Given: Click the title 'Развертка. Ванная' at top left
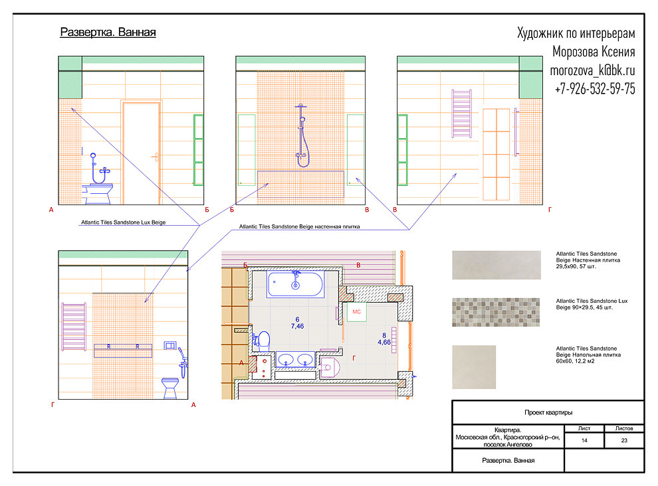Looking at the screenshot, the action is click(108, 33).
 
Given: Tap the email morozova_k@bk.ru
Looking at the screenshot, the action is click(592, 70).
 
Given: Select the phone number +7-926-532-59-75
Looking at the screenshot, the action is click(595, 88).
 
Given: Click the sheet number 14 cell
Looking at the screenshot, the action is click(584, 440).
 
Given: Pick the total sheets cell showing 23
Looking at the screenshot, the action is click(624, 440).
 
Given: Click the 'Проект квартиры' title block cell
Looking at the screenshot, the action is click(548, 412).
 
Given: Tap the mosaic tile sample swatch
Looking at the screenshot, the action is click(496, 313).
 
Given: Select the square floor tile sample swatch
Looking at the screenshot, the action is click(474, 367).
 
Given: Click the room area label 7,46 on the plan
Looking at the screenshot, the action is click(297, 326).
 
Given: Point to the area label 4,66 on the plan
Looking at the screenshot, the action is click(384, 342).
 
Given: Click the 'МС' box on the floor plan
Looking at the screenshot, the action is click(356, 311).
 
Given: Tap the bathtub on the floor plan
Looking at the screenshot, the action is click(295, 284).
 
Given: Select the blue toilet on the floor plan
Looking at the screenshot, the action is click(262, 341).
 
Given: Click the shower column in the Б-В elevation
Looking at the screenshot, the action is click(301, 135).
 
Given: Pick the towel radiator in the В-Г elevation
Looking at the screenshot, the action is click(462, 114).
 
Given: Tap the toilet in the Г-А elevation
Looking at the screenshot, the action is click(170, 388).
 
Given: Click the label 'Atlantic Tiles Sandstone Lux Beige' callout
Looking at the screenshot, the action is click(123, 222).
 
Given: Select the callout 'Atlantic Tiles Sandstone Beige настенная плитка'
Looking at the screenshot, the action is click(299, 226).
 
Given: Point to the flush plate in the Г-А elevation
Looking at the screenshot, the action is click(170, 346).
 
